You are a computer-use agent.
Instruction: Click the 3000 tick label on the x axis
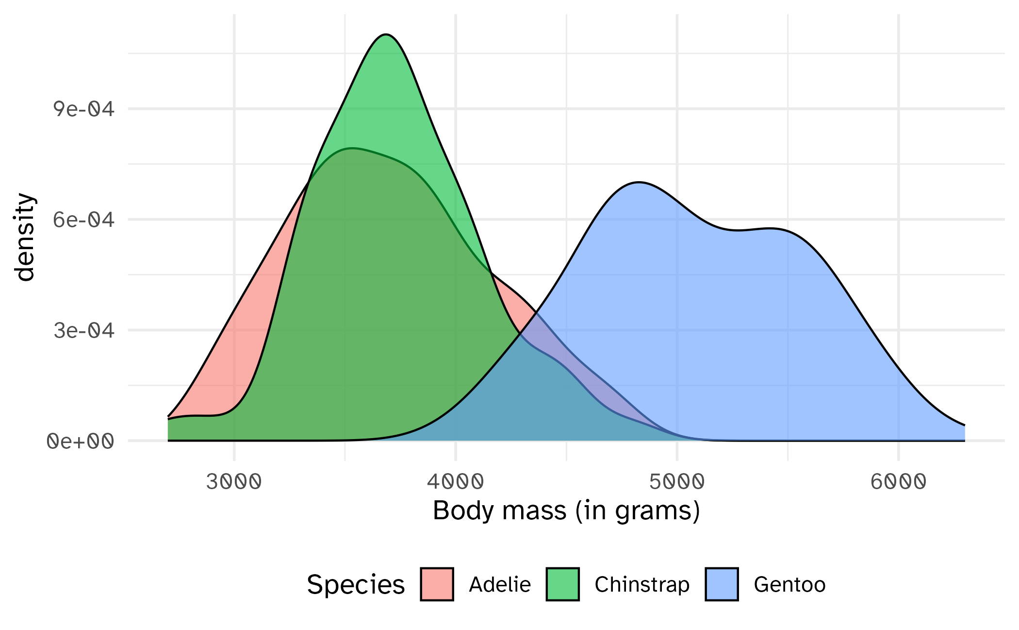click(234, 482)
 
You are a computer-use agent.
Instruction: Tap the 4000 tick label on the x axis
click(455, 482)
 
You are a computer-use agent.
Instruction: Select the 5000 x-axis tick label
click(677, 482)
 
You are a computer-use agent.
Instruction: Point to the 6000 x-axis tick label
click(898, 482)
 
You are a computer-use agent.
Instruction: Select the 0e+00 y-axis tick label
click(81, 442)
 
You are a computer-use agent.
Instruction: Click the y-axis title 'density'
click(24, 237)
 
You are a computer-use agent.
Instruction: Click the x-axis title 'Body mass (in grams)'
click(566, 511)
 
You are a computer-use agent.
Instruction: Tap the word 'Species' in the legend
click(356, 584)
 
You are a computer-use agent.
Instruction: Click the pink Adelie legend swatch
click(437, 584)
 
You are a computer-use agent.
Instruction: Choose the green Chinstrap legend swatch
click(562, 584)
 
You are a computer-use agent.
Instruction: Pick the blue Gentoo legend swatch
click(722, 584)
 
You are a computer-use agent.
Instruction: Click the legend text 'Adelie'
click(500, 584)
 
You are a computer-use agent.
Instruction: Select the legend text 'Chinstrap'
click(642, 584)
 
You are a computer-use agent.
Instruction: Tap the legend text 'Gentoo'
click(789, 584)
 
